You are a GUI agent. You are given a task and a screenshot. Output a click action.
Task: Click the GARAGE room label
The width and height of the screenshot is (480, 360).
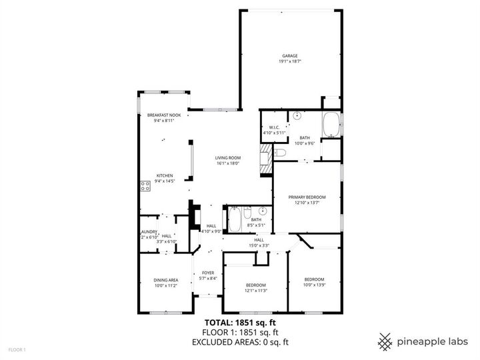(289, 56)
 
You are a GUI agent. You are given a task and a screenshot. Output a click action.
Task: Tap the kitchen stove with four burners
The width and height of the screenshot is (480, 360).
(143, 185)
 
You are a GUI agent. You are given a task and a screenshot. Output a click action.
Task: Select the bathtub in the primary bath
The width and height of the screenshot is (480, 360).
(331, 125)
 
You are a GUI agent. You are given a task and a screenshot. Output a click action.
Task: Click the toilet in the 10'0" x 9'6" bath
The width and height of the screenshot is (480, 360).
(281, 154)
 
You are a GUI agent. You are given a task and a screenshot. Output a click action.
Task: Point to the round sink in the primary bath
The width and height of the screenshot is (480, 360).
(297, 116)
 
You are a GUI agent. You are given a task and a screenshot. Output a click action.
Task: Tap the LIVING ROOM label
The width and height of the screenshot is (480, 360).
(227, 157)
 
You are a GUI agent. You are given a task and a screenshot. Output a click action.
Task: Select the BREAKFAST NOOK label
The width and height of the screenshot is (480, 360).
(164, 115)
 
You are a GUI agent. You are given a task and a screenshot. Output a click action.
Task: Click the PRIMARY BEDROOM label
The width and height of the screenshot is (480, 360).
(307, 197)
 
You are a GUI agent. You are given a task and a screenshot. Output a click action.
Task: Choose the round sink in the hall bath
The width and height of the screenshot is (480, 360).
(263, 211)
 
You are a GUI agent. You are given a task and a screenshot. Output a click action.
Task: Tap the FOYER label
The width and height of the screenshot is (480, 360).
(208, 273)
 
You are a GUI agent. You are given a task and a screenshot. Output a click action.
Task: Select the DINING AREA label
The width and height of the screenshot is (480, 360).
(166, 280)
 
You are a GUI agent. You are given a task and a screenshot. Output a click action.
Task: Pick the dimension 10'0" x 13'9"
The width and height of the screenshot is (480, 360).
(314, 285)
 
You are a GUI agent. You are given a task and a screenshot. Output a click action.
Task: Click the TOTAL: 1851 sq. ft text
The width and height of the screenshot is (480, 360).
(239, 322)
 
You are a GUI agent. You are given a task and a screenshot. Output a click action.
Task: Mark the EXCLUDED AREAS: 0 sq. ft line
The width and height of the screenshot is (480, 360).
(239, 342)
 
